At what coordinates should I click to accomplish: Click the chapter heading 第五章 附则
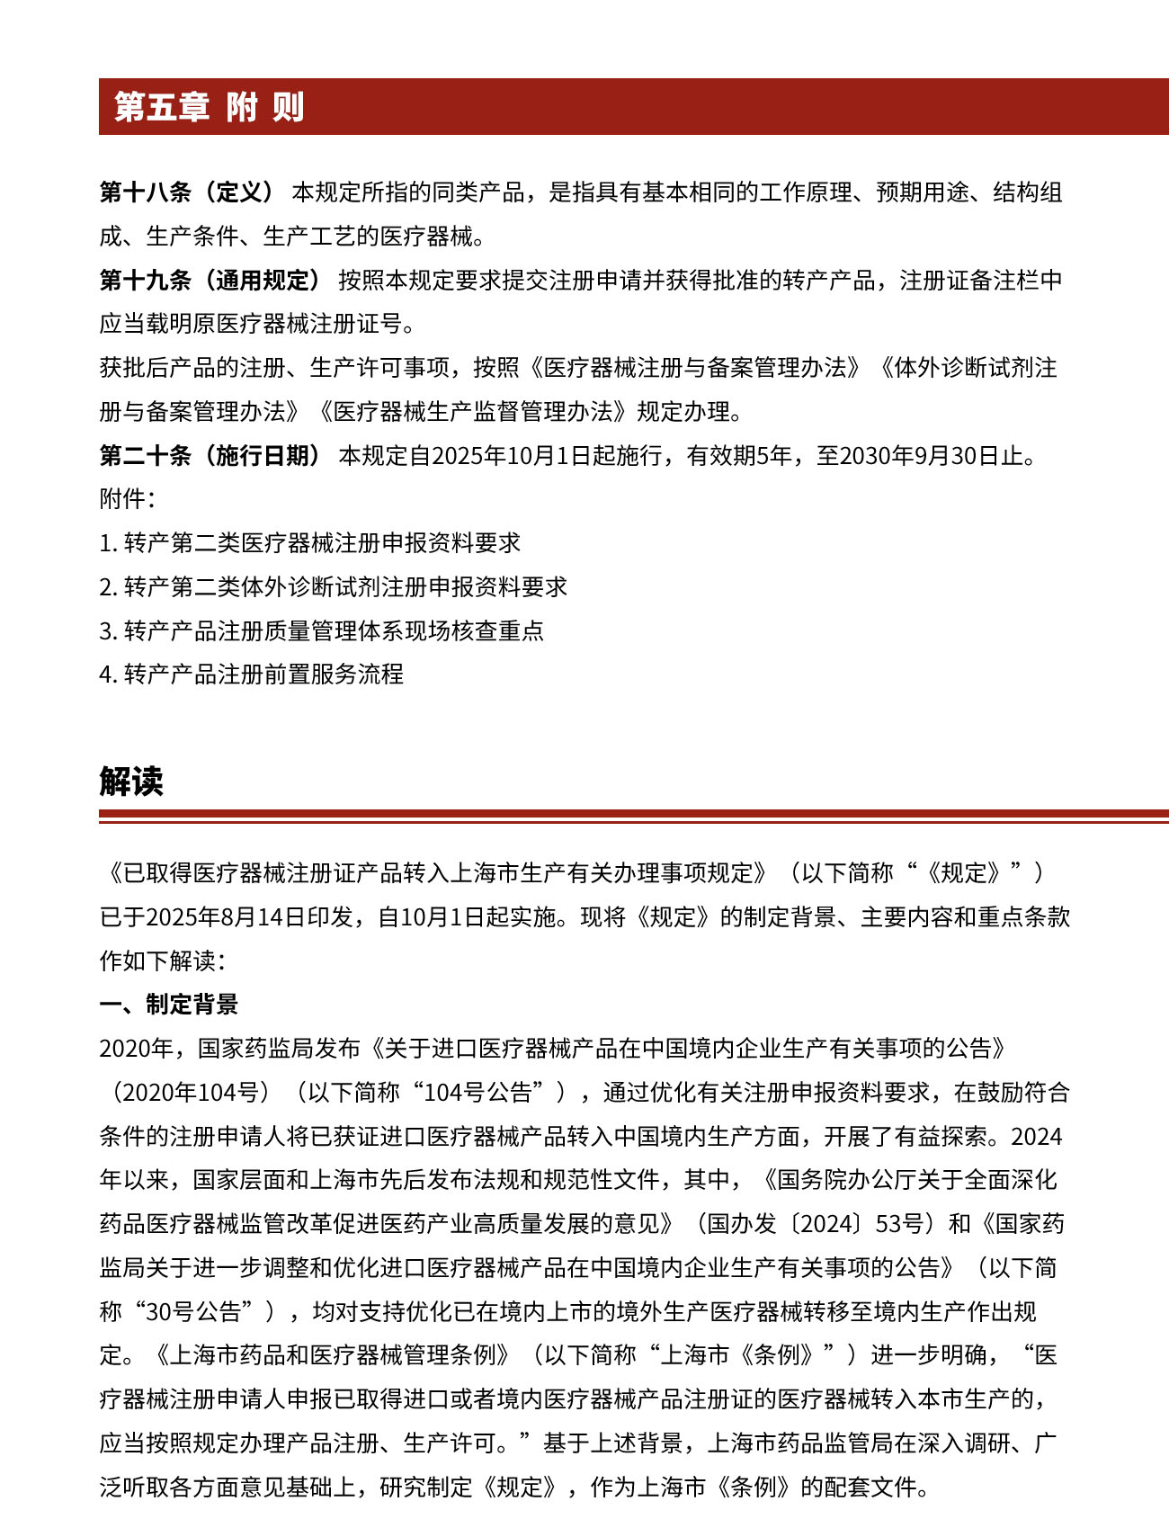209,107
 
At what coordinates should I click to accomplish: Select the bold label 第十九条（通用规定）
210,280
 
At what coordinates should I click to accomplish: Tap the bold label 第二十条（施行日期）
210,455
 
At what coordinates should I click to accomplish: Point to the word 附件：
127,499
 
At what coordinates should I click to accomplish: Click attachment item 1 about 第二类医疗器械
310,543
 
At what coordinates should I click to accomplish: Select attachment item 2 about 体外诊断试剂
334,587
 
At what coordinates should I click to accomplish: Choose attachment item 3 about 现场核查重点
322,630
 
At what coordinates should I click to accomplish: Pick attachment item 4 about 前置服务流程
252,675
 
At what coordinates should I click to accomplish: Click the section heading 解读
131,782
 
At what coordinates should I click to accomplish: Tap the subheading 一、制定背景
168,1005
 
